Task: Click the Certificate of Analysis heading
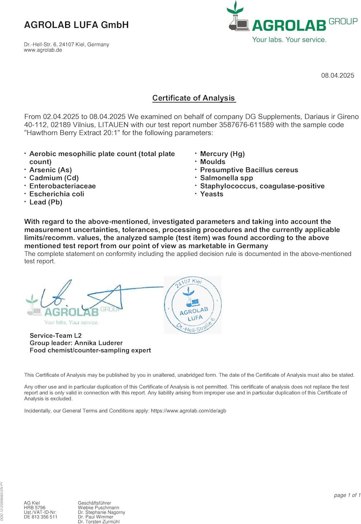(194, 98)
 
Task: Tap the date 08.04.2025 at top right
(337, 75)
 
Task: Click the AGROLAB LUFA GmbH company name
(76, 25)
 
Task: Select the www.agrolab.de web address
(43, 50)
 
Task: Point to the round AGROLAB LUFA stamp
(193, 305)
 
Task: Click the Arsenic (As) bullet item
(51, 170)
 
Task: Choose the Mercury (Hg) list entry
(222, 154)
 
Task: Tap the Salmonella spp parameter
(226, 178)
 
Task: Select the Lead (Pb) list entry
(46, 202)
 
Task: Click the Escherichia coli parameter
(57, 194)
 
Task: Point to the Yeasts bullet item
(212, 194)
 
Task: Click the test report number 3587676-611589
(246, 125)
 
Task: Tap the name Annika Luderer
(98, 343)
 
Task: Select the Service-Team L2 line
(56, 336)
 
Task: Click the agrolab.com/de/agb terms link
(189, 411)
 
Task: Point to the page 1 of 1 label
(347, 495)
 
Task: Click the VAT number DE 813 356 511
(40, 517)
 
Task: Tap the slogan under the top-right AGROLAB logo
(289, 40)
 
